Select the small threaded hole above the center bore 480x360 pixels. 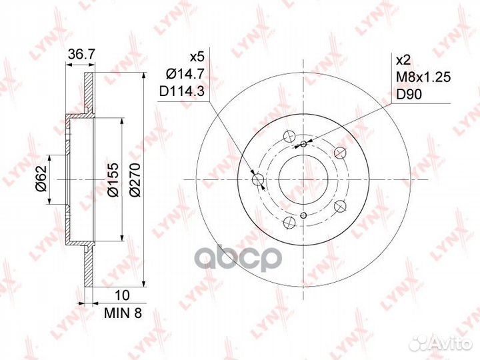[303, 144]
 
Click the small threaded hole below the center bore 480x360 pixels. [303, 215]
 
